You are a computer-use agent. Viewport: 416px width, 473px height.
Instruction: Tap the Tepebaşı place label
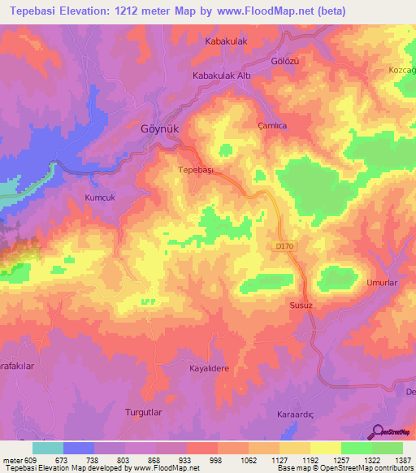[x=195, y=170]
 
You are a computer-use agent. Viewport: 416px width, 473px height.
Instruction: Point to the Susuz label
[x=301, y=306]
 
